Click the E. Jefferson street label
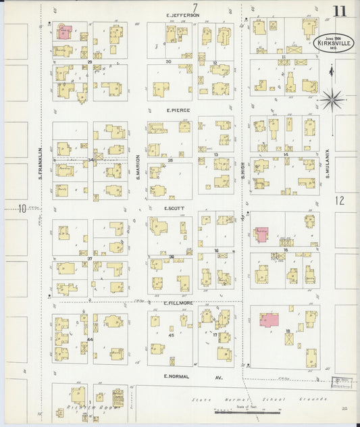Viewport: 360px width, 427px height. pyautogui.click(x=183, y=15)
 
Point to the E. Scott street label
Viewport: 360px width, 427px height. pyautogui.click(x=174, y=208)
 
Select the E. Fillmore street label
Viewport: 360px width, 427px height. pyautogui.click(x=179, y=303)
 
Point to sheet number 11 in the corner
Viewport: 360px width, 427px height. pyautogui.click(x=340, y=11)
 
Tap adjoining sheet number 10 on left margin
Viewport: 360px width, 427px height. pyautogui.click(x=22, y=208)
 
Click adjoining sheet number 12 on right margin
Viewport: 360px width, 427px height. pyautogui.click(x=339, y=200)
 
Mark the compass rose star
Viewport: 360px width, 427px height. pyautogui.click(x=331, y=100)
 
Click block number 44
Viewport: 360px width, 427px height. pyautogui.click(x=90, y=339)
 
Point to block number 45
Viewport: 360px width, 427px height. pyautogui.click(x=171, y=335)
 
